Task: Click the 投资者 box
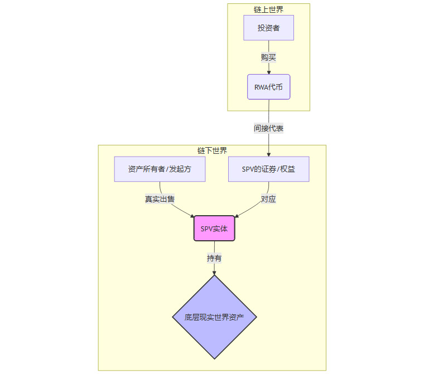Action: [x=268, y=28]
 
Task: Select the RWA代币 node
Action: [x=268, y=87]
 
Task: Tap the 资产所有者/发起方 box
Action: [x=160, y=169]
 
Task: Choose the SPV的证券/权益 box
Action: [x=268, y=169]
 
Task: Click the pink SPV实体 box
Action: [x=214, y=229]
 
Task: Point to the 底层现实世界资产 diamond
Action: [x=214, y=317]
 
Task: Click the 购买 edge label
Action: [x=268, y=57]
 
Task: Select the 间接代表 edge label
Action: [x=268, y=128]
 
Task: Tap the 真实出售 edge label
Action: [x=160, y=199]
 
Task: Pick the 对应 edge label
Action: [x=268, y=199]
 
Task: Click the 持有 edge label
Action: [x=214, y=258]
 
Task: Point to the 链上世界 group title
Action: [x=268, y=9]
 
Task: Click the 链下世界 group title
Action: [x=212, y=150]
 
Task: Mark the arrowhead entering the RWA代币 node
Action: [x=268, y=72]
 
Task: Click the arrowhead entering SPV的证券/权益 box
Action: [x=268, y=154]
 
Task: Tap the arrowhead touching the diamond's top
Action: [x=214, y=273]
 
